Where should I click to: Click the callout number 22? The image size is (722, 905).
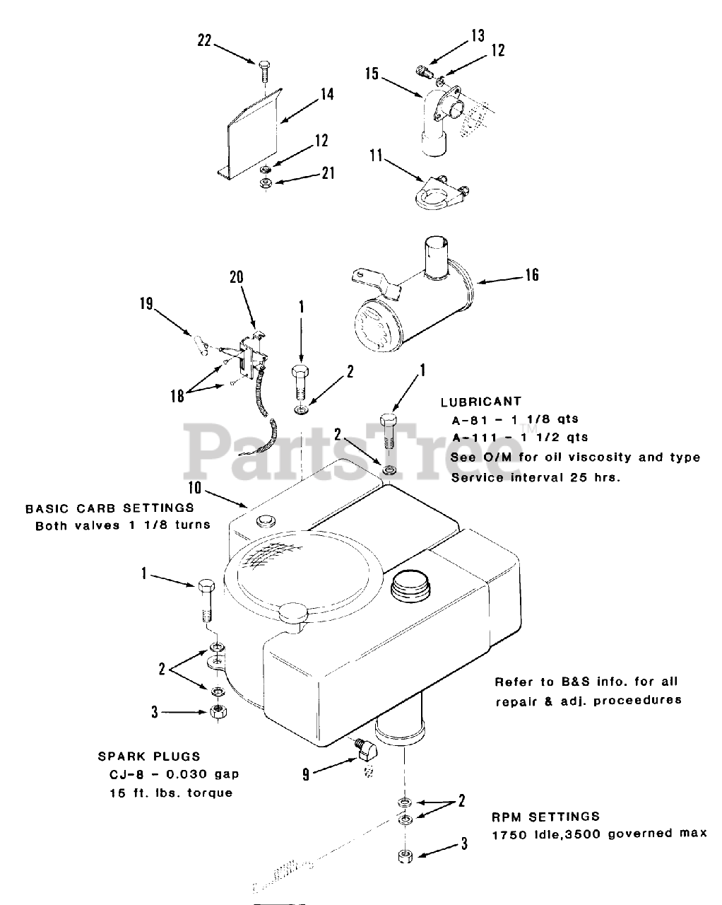click(204, 41)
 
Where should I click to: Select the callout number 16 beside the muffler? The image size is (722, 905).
click(531, 274)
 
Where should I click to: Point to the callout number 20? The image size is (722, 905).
click(237, 277)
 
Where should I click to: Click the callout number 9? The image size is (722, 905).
click(306, 774)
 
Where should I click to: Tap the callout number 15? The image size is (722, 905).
click(372, 73)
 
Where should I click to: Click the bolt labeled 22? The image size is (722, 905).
click(264, 71)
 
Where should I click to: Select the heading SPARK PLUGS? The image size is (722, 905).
click(148, 756)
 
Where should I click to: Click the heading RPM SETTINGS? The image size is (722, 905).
click(545, 817)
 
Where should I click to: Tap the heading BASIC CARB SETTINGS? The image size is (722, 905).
click(110, 508)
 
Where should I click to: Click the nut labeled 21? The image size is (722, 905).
click(266, 183)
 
